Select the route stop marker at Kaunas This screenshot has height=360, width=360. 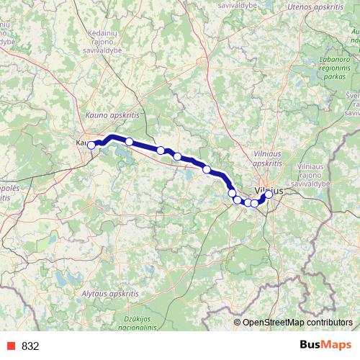tap(91, 145)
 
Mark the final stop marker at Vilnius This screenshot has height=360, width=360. tap(269, 194)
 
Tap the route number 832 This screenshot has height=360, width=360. tap(30, 346)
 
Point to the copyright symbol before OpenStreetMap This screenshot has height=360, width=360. tap(238, 323)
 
